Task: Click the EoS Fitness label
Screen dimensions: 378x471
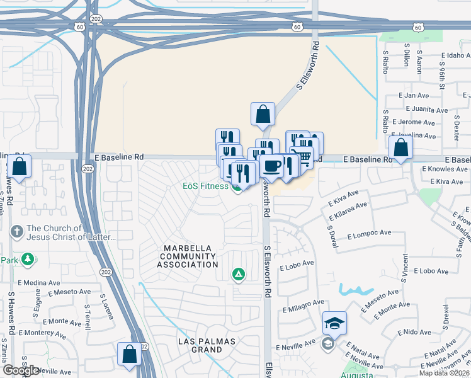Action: (205, 186)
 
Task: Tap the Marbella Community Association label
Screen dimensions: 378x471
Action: (188, 256)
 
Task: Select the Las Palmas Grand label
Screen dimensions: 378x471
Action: (206, 345)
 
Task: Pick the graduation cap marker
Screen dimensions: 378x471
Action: (334, 324)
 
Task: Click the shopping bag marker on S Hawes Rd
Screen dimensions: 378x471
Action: (20, 168)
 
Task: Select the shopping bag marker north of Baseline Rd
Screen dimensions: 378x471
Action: (263, 115)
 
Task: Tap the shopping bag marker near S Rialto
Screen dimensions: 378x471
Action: (400, 149)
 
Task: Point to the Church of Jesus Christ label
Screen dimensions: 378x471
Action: (71, 232)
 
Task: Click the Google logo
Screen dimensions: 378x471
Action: (21, 370)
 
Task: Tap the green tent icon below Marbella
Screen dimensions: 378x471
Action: (238, 273)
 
